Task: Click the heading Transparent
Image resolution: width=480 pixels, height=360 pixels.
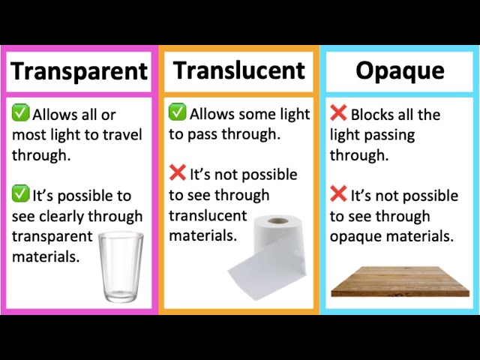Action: point(79,72)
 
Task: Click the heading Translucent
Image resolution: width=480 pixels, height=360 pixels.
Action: point(239,70)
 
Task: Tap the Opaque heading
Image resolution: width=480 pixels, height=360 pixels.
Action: point(400,71)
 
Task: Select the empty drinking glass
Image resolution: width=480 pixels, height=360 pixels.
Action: point(122,268)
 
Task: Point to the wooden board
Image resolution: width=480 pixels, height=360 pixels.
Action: point(400,281)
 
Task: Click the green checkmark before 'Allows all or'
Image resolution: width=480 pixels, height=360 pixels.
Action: point(20,114)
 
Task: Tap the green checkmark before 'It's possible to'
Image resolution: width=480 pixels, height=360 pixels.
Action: point(20,195)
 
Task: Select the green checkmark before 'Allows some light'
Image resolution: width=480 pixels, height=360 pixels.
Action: point(177,113)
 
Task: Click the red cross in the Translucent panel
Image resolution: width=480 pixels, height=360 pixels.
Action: point(177,173)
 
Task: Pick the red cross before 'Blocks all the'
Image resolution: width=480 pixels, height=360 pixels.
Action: point(338,114)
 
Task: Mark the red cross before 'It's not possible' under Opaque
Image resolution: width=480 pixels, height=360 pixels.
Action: point(338,195)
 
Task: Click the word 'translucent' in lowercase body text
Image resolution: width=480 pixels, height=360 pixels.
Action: point(208,216)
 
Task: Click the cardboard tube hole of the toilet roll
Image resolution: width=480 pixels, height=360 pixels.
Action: point(278,222)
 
